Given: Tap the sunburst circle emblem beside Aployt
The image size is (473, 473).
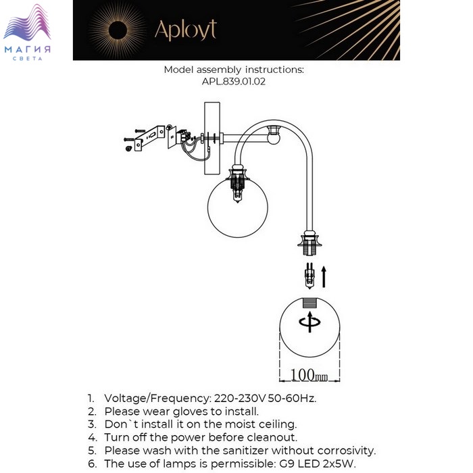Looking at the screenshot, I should click(119, 31).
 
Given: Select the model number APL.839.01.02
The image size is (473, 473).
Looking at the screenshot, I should click(234, 82).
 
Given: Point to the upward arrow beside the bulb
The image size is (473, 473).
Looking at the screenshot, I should click(324, 276).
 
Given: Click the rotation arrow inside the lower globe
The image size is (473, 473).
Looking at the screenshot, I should click(309, 322).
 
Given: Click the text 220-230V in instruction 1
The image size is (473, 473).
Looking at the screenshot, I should click(239, 398).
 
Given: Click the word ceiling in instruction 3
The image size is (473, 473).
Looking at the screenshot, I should click(274, 424).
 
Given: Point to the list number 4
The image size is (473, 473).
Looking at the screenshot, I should click(91, 437).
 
